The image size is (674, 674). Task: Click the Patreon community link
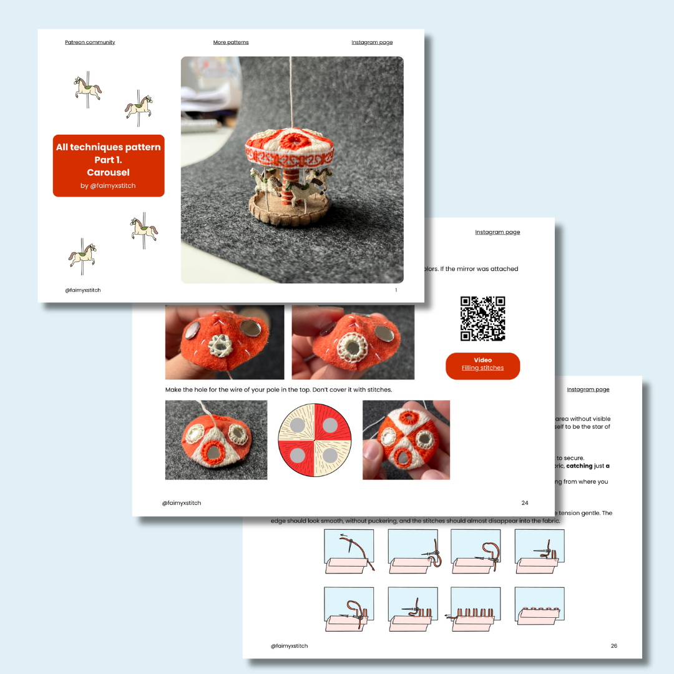[x=90, y=42]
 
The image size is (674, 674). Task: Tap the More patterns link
[x=231, y=42]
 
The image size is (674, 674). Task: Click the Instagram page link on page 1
[x=372, y=42]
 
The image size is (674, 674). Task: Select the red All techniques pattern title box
[x=109, y=165]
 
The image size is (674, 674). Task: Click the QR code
[x=482, y=319]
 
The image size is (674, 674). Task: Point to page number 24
[x=524, y=502]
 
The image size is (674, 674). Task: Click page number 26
[x=613, y=646]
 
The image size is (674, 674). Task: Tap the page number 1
[x=396, y=290]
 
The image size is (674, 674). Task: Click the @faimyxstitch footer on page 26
[x=289, y=646]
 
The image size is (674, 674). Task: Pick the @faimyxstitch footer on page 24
[x=181, y=503]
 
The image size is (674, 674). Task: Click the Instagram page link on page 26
[x=588, y=389]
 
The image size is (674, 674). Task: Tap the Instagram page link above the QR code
[x=497, y=232]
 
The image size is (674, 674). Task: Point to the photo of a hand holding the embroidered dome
[x=406, y=440]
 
